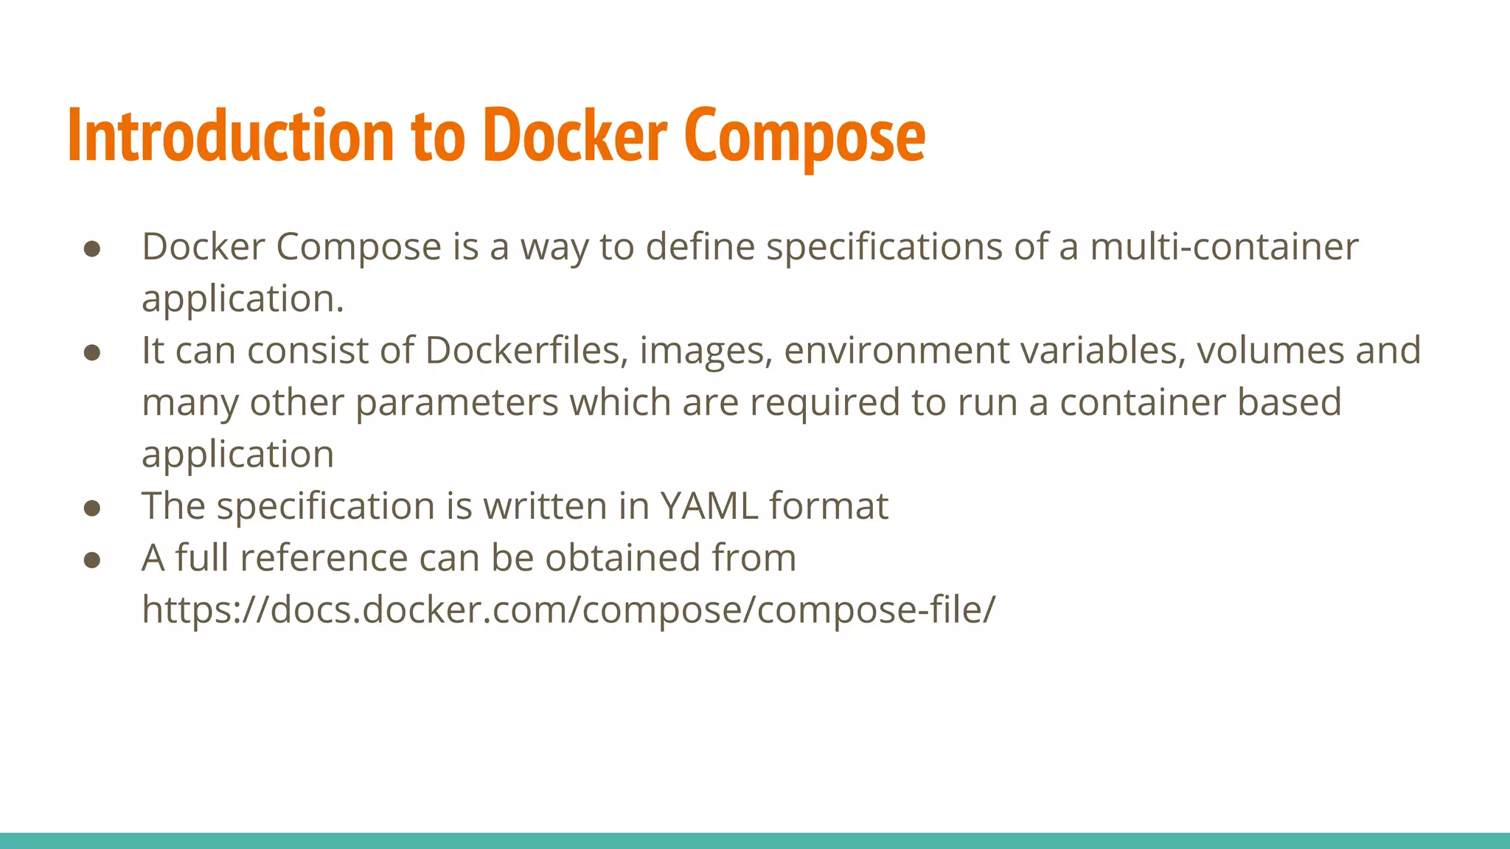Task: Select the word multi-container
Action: click(x=1224, y=247)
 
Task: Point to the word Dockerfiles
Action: click(x=523, y=351)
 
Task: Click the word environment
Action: click(x=897, y=351)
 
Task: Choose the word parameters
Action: click(x=457, y=403)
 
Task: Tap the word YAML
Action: click(x=709, y=506)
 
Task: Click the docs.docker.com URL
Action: click(x=568, y=610)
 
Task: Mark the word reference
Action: click(x=324, y=558)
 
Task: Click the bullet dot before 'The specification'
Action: click(x=92, y=509)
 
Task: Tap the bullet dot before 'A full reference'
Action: click(x=92, y=560)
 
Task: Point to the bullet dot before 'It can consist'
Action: click(x=92, y=352)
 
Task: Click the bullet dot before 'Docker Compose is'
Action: click(x=92, y=248)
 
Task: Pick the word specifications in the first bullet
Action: click(x=884, y=247)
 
